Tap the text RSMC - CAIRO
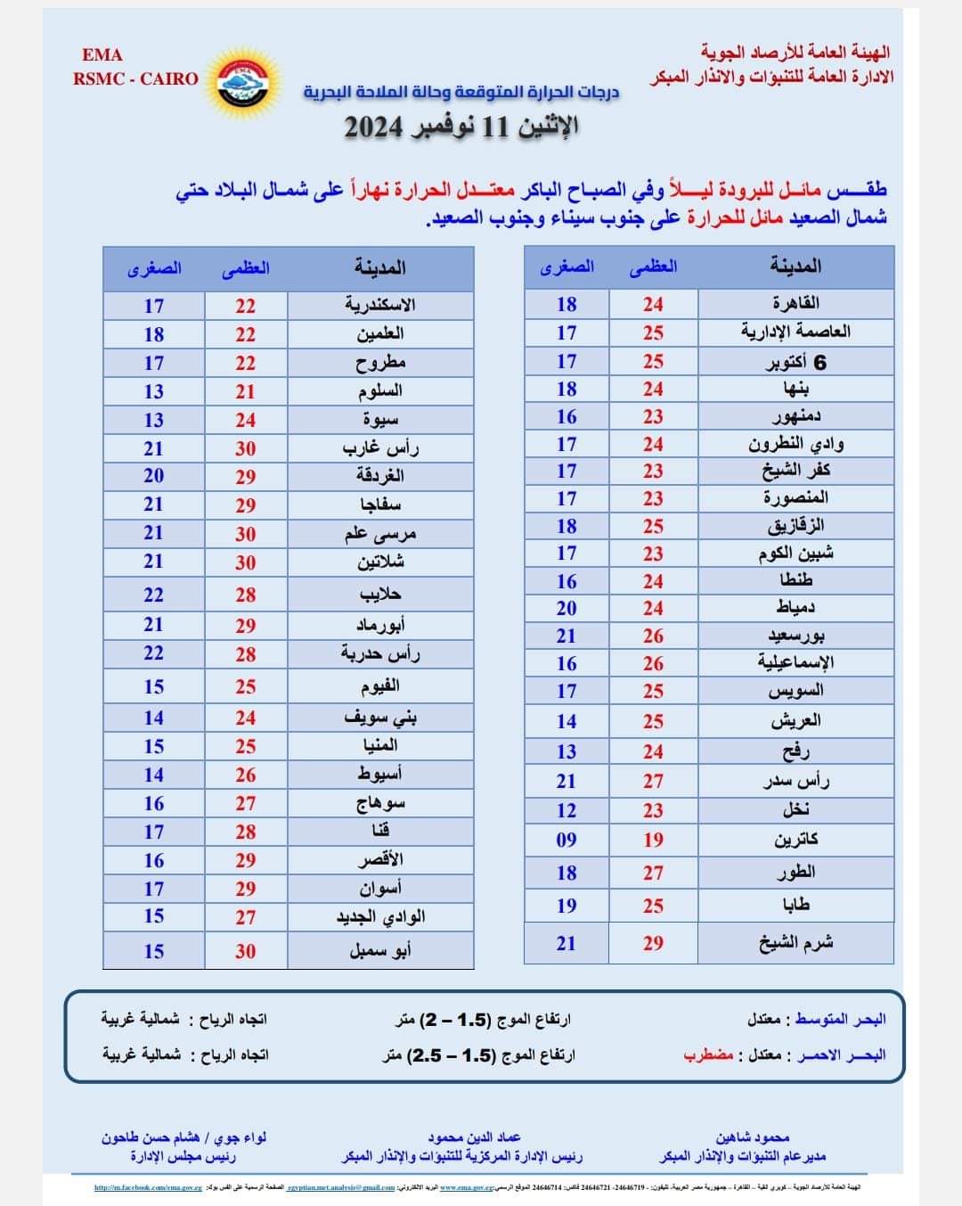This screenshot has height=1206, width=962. (x=135, y=78)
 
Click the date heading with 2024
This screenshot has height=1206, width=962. (x=461, y=127)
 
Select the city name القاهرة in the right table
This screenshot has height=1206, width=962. (x=795, y=303)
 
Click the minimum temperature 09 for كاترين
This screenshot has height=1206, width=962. (x=567, y=840)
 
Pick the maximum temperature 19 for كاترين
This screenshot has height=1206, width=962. (x=654, y=840)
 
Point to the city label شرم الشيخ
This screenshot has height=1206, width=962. (x=795, y=943)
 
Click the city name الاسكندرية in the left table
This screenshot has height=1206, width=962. (x=380, y=305)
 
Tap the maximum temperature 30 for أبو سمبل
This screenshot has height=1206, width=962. (x=246, y=951)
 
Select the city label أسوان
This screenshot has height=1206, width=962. (x=380, y=889)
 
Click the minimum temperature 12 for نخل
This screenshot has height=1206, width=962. (x=567, y=810)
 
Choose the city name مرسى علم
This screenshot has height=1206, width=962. (x=380, y=534)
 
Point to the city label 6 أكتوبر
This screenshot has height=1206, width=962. (x=795, y=361)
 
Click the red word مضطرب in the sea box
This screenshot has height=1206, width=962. (x=709, y=1055)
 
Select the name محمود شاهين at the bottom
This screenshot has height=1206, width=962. (x=753, y=1137)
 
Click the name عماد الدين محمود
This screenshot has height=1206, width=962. (x=474, y=1137)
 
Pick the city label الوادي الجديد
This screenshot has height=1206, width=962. (x=380, y=916)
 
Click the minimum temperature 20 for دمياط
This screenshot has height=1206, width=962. (x=567, y=608)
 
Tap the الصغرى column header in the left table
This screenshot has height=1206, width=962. (x=154, y=267)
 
